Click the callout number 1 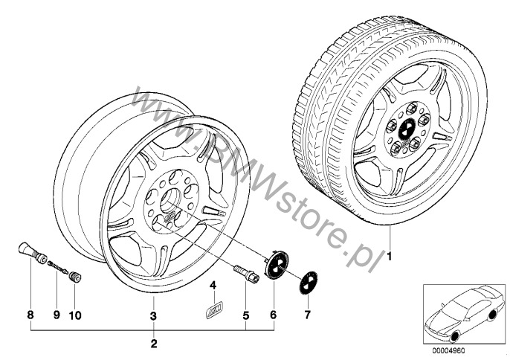click(389, 257)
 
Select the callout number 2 click(154, 344)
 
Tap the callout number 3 click(153, 315)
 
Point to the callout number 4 click(213, 286)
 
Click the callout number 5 click(245, 315)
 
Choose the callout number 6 click(274, 315)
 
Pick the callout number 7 click(307, 315)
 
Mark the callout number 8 click(30, 315)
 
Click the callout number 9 click(57, 315)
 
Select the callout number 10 click(75, 315)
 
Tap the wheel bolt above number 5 click(247, 272)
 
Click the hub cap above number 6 click(275, 263)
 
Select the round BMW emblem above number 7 click(309, 283)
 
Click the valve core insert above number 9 click(58, 266)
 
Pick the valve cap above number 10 click(76, 277)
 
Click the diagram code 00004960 click(448, 351)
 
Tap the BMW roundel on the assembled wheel click(407, 128)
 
